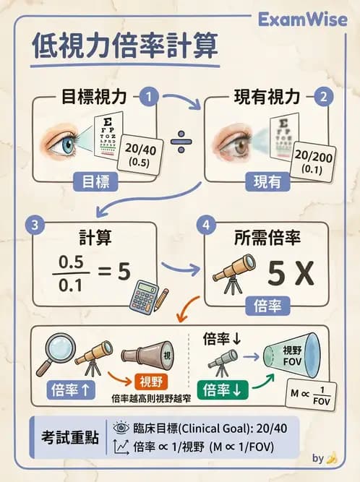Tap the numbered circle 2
point(325,95)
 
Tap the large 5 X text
point(288,275)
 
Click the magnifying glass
point(52,350)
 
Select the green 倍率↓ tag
point(226,390)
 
